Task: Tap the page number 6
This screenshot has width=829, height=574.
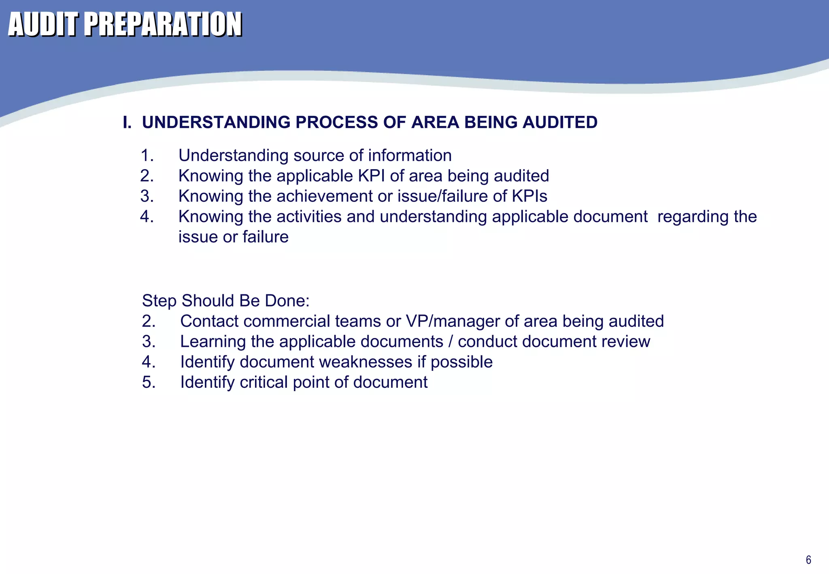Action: [808, 560]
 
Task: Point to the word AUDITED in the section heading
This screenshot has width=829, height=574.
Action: [560, 122]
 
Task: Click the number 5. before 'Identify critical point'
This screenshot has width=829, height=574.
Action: [149, 382]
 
